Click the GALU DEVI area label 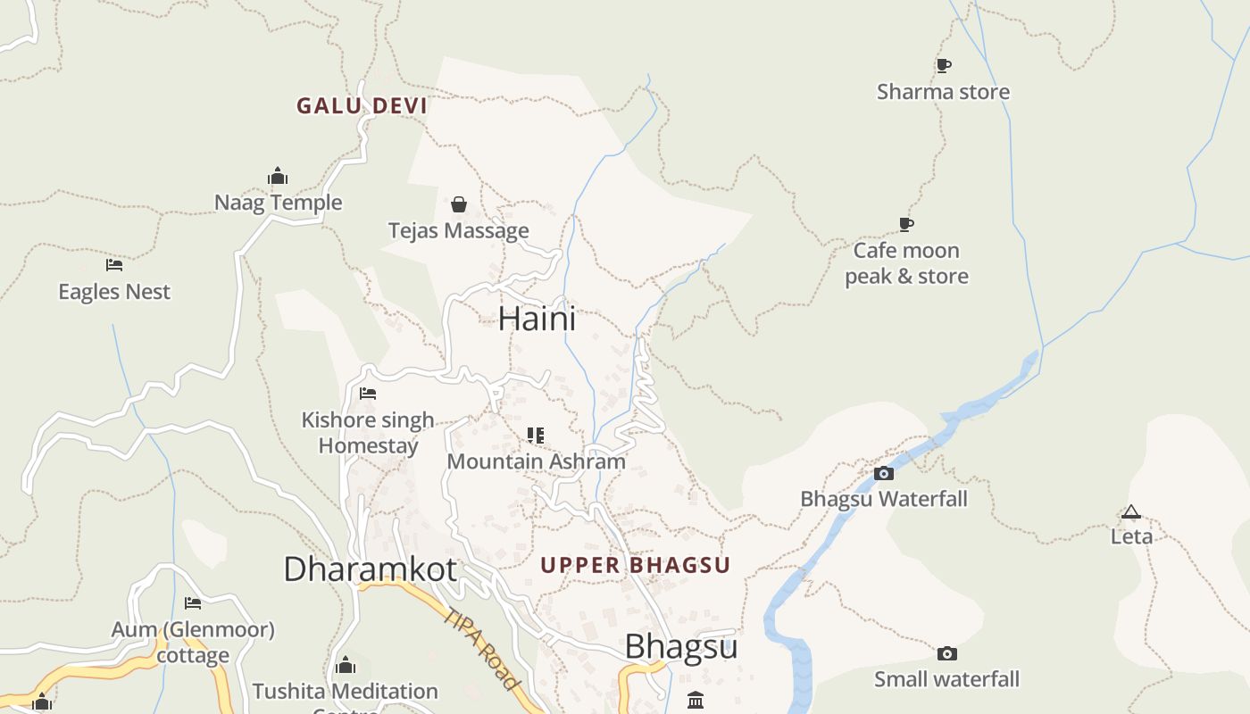pyautogui.click(x=362, y=105)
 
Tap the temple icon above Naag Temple pyautogui.click(x=278, y=176)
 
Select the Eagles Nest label pyautogui.click(x=114, y=292)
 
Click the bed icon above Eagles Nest pyautogui.click(x=113, y=265)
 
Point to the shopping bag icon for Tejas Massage pyautogui.click(x=459, y=204)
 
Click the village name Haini pyautogui.click(x=537, y=319)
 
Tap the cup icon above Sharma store pyautogui.click(x=943, y=65)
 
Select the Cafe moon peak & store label pyautogui.click(x=906, y=263)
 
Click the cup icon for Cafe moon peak pyautogui.click(x=906, y=224)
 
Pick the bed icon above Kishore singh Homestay pyautogui.click(x=368, y=394)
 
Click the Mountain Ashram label pyautogui.click(x=536, y=461)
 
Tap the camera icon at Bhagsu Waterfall pyautogui.click(x=884, y=473)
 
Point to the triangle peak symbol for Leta pyautogui.click(x=1131, y=511)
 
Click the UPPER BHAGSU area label pyautogui.click(x=636, y=565)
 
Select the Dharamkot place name pyautogui.click(x=370, y=569)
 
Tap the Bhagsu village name pyautogui.click(x=681, y=647)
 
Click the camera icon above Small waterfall pyautogui.click(x=947, y=654)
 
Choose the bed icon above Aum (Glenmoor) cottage pyautogui.click(x=193, y=603)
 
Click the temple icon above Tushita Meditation pyautogui.click(x=346, y=665)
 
